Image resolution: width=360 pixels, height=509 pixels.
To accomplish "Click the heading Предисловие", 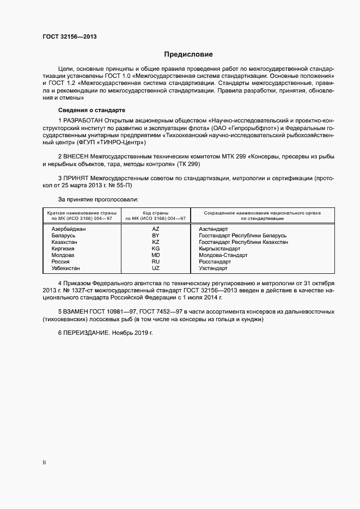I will pos(188,54).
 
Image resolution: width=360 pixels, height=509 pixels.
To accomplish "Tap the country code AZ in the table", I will pos(156,229).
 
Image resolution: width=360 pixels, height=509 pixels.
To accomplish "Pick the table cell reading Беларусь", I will pos(63,236).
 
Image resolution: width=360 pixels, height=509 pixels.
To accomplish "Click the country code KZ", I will pos(156,242).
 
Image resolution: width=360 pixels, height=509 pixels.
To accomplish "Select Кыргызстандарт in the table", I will pos(219,249).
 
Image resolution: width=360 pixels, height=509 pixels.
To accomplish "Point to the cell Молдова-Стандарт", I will pos(223,255).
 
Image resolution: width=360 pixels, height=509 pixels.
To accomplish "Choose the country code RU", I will pos(156,262).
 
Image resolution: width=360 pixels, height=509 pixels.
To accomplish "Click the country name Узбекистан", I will pos(66,268).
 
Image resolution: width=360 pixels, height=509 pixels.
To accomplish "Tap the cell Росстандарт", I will pos(215,262).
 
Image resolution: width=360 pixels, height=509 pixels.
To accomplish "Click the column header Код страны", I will pos(156,212).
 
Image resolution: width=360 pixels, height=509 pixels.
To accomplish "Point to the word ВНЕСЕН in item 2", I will pos(76,156).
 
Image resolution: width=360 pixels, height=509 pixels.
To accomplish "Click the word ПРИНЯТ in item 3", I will pos(76,178).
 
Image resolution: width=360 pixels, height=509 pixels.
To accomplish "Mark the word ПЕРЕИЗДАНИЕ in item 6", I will pos(86,332).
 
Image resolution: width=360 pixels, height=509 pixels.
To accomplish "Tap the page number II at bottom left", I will pos(44,463).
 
